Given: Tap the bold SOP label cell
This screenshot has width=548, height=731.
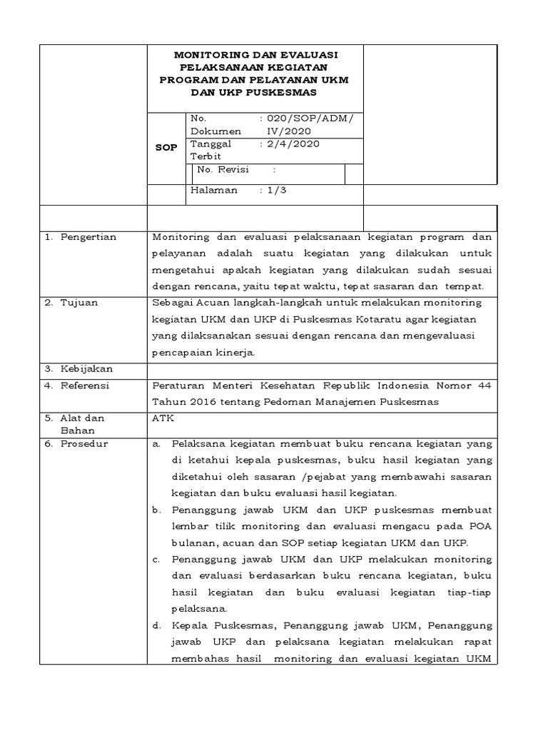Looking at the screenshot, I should tap(166, 148).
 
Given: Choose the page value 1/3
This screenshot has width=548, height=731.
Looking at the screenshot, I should tap(275, 191).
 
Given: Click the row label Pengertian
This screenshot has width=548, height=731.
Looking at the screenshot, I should tap(88, 237).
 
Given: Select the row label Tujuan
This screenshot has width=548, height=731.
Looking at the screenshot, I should tap(78, 303).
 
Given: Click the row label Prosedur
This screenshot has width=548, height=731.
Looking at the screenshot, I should tap(83, 443).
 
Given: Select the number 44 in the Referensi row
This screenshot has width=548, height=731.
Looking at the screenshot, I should tap(484, 385).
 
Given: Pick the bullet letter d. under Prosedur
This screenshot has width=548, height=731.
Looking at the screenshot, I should tap(156, 625).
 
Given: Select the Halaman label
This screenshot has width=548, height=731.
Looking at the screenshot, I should tap(213, 191).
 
